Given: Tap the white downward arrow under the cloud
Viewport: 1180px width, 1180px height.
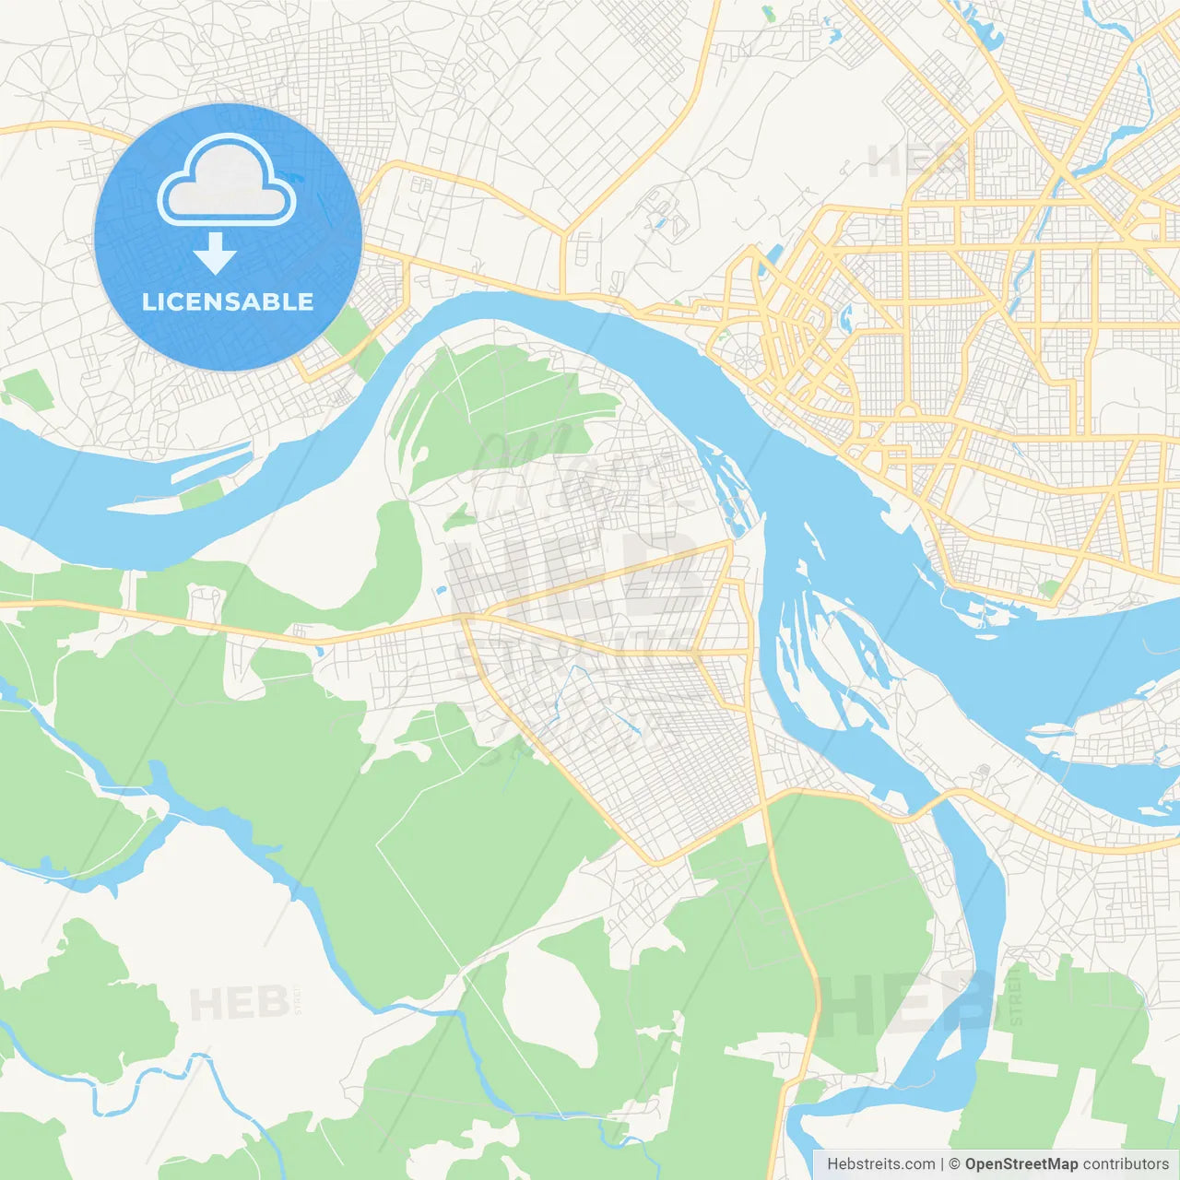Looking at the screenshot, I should point(215,253).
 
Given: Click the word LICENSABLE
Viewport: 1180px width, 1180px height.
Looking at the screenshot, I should point(228,301).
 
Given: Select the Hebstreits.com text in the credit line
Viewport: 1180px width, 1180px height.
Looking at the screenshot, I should point(880,1164).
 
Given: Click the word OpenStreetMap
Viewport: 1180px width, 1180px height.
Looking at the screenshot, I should point(1021,1164).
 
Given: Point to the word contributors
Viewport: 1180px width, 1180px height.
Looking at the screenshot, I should point(1126,1164).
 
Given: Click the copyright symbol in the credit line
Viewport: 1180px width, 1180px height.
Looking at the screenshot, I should point(954,1164).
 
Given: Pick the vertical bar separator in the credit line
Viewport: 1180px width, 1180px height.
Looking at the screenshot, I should point(942,1164).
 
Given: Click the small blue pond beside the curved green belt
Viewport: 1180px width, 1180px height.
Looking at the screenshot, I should point(442,589).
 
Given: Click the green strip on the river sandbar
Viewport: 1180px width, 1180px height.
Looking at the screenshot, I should point(202,494).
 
